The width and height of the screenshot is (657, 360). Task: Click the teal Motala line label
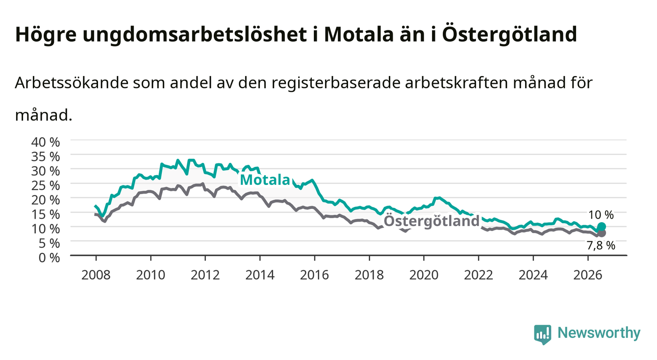(x=265, y=180)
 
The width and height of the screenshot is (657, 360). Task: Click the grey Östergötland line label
(x=431, y=221)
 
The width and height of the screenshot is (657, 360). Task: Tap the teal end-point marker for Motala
(x=602, y=227)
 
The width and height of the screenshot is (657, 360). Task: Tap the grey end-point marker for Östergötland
(x=602, y=233)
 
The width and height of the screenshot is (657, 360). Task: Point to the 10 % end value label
(x=601, y=215)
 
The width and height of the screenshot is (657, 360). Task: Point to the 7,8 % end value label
(x=601, y=246)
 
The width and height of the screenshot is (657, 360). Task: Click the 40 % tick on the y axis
(x=46, y=142)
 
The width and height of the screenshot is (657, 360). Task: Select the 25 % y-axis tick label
(x=46, y=185)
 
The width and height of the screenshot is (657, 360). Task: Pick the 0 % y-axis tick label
(x=49, y=257)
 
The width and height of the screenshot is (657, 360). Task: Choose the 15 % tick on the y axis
(x=46, y=214)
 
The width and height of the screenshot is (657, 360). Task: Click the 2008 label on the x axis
(x=96, y=275)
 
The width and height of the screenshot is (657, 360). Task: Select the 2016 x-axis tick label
(x=314, y=275)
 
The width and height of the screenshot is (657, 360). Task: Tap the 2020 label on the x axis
(x=424, y=275)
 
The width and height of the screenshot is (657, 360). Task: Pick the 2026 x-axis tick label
(x=588, y=275)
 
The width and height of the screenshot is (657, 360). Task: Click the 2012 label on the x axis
(x=205, y=275)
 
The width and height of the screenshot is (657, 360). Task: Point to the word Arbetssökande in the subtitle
(x=72, y=83)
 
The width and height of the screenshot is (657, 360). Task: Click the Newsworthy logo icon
(x=543, y=334)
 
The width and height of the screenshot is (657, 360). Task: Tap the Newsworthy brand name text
(x=599, y=333)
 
